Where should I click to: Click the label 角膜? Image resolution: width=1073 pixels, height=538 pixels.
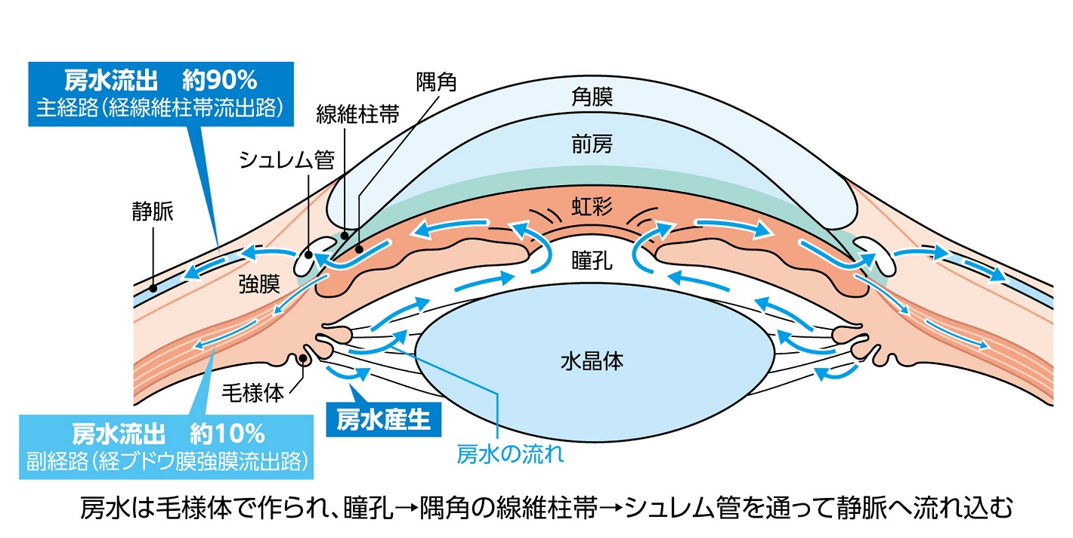click(592, 97)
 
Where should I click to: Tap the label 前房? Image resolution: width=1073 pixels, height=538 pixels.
click(592, 145)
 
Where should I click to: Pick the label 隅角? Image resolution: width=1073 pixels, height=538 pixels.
click(436, 80)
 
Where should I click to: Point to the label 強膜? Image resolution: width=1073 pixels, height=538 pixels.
click(259, 284)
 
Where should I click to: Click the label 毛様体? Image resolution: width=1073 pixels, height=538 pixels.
click(252, 393)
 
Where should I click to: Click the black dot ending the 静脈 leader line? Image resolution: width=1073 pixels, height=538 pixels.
click(153, 288)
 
